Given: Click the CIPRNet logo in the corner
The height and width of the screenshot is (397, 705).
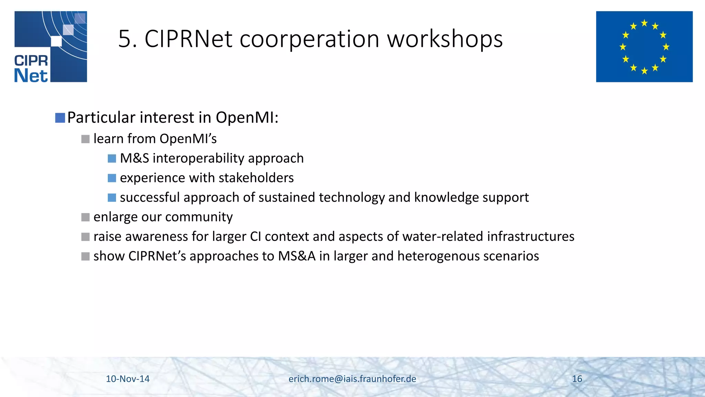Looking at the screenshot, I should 51,47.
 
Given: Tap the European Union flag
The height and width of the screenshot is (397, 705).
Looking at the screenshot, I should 644,47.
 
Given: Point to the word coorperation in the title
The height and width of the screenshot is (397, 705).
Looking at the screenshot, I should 309,39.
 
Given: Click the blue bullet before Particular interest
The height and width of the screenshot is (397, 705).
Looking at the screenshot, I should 60,118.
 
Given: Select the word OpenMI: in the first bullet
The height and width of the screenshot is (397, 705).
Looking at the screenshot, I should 247,118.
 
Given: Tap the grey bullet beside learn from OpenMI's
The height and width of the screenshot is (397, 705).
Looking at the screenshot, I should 85,139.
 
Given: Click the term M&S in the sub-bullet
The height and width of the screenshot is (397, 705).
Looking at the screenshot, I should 134,158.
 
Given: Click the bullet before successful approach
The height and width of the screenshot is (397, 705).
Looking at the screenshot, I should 112,197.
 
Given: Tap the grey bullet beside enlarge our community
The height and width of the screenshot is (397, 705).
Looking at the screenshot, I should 85,217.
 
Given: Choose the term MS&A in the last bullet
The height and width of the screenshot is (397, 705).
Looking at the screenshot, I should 297,256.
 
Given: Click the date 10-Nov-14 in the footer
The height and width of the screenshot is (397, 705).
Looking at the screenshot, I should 127,379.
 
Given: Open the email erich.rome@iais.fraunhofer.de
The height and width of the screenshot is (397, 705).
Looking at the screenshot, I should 352,379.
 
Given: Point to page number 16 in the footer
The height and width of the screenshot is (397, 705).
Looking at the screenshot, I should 577,379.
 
